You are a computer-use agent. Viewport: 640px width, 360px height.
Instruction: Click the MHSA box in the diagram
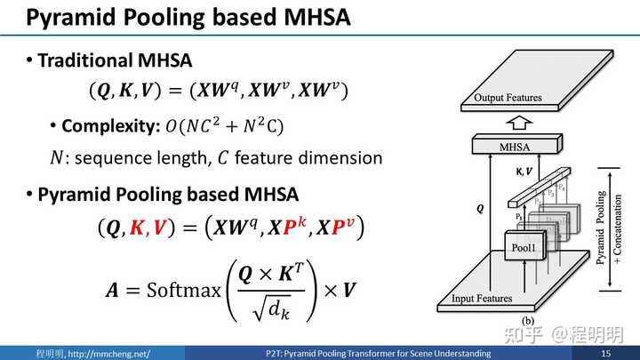click(x=516, y=145)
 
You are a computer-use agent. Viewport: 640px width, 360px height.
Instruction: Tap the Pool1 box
click(x=525, y=245)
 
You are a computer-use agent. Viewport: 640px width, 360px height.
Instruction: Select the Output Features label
click(x=508, y=98)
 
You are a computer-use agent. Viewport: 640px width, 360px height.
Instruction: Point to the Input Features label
click(x=482, y=299)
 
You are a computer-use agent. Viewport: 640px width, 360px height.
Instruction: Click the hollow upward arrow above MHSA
click(x=519, y=123)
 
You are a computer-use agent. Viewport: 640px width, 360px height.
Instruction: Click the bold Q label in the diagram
click(x=480, y=209)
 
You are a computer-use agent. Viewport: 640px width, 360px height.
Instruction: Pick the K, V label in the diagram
click(x=524, y=172)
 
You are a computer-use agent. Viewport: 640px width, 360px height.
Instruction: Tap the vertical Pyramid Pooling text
click(x=600, y=228)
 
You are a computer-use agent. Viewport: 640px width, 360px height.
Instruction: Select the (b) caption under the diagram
click(x=527, y=321)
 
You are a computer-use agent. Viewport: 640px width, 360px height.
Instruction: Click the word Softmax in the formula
click(x=184, y=290)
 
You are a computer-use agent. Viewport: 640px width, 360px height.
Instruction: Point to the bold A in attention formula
click(x=112, y=290)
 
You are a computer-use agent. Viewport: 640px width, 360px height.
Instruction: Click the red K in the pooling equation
click(x=137, y=227)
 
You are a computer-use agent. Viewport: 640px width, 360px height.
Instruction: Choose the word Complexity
click(x=110, y=126)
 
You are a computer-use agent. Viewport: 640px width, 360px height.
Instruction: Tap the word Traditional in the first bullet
click(x=85, y=60)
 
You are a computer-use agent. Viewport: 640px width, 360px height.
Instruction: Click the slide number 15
click(x=605, y=353)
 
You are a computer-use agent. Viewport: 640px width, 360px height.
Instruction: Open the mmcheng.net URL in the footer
click(x=109, y=354)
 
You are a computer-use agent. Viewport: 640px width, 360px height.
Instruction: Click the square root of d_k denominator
click(x=271, y=308)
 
